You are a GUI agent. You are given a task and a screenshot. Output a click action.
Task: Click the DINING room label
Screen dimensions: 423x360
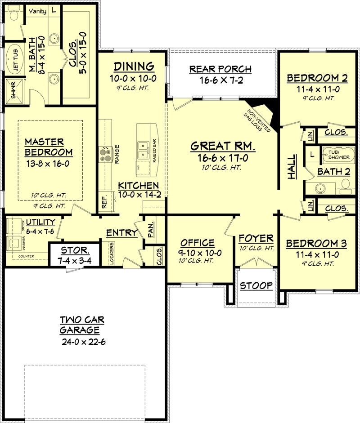pos(134,67)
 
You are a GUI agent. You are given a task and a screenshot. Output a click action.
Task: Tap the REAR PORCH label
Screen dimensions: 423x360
pos(220,69)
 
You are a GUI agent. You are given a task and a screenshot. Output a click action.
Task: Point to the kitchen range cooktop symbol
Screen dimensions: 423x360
pos(105,154)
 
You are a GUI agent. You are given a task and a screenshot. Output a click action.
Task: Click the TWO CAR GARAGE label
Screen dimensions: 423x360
pos(82,325)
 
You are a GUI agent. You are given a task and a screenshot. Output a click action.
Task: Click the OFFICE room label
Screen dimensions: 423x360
pos(197,243)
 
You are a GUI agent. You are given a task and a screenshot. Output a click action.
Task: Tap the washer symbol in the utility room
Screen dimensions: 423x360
pos(14,243)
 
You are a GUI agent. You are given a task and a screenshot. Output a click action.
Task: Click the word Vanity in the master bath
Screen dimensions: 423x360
pos(37,11)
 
